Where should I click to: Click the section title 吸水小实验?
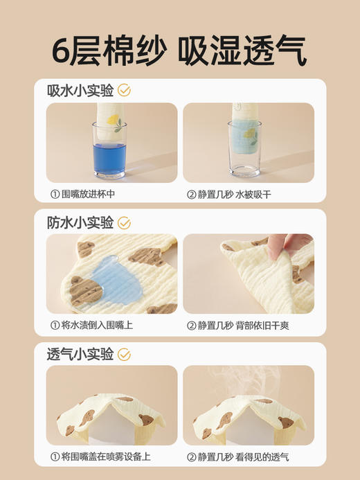click(80, 91)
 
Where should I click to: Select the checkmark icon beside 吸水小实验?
click(124, 91)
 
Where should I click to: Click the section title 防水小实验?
click(80, 222)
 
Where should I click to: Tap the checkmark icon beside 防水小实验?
click(124, 222)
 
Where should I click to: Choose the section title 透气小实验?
click(80, 354)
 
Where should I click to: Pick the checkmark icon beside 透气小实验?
click(124, 354)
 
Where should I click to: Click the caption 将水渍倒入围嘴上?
click(91, 325)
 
